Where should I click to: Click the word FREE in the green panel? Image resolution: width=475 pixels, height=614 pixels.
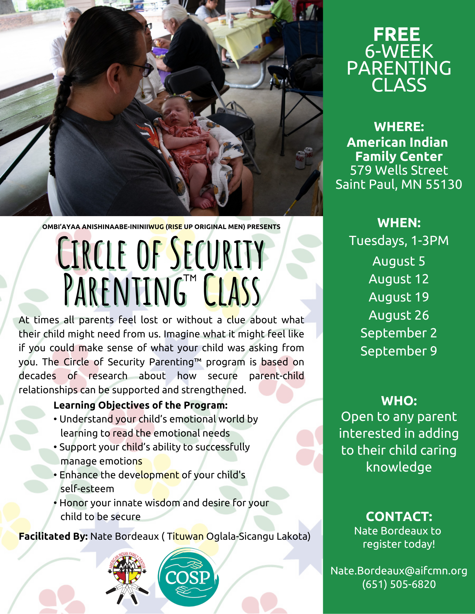pos(397,34)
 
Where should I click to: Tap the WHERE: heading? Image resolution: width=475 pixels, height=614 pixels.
pos(399,127)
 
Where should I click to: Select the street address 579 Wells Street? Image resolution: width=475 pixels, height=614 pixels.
pos(399,170)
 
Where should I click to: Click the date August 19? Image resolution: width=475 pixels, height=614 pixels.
pos(399,297)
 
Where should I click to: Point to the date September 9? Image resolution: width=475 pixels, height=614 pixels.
pos(399,351)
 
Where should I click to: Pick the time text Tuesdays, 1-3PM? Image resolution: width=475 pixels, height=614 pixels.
pos(399,241)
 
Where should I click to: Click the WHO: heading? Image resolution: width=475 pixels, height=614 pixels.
pos(399,401)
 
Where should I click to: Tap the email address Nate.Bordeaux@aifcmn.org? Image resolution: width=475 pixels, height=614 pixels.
pos(399,570)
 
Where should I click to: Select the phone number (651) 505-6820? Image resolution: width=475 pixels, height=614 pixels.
pos(399,584)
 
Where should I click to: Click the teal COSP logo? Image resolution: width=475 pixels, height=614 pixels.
pos(188,577)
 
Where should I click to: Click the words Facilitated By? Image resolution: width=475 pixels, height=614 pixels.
pos(53,536)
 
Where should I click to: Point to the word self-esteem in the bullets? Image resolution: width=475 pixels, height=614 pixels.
pos(87,488)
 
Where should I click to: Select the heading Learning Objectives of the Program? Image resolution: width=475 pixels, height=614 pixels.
pos(141,405)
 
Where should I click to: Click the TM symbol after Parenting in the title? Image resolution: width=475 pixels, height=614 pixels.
pos(190,278)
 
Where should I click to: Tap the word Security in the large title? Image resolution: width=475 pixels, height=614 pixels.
pos(217,253)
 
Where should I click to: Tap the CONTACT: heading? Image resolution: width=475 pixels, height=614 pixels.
pos(399,516)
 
